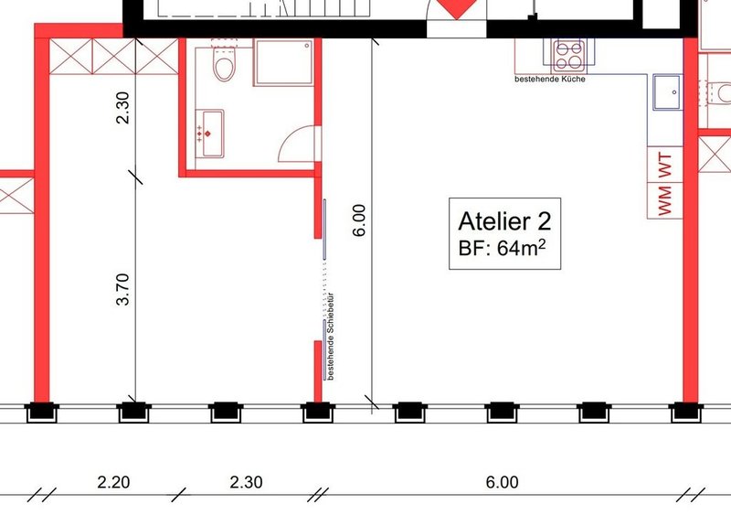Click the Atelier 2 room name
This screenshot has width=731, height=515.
pos(503,220)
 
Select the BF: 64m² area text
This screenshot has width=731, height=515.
pos(503,248)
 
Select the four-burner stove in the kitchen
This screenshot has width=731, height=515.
pos(567,54)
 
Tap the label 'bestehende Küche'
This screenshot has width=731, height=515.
pos(550,80)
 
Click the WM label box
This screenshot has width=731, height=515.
pos(664,200)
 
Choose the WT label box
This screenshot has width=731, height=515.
pos(664,166)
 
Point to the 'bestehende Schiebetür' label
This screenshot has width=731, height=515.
pos(330,336)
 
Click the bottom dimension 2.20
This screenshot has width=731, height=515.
pos(113,481)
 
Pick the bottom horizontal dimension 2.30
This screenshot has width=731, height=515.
pos(246,481)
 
